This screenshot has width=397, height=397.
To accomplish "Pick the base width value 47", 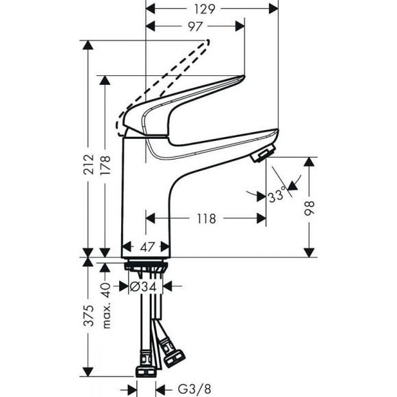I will (146, 246).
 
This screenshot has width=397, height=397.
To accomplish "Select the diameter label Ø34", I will (144, 287).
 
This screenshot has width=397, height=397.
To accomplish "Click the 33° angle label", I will (278, 196).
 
